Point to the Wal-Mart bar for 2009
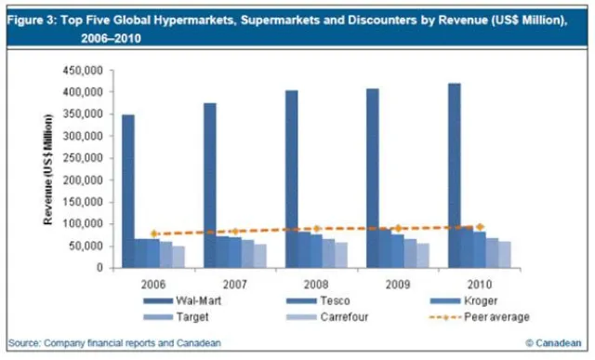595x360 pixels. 372,178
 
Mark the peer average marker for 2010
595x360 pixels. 480,226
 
